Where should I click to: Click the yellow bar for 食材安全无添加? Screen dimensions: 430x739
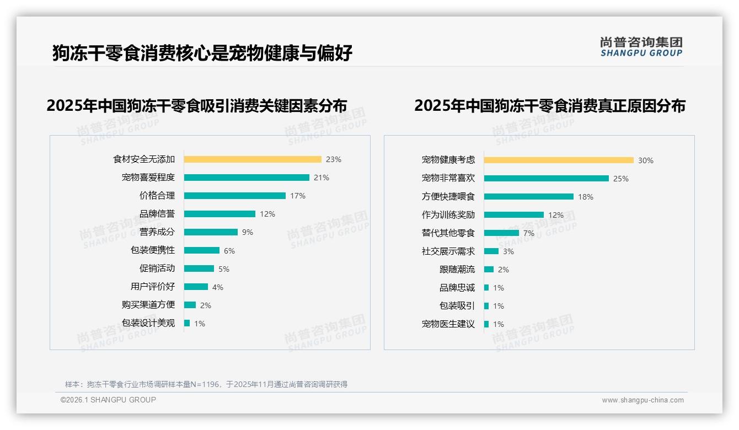point(252,159)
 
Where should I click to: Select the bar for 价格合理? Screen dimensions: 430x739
point(234,196)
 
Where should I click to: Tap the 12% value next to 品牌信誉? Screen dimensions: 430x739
point(267,214)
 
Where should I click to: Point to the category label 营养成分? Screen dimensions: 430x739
point(157,232)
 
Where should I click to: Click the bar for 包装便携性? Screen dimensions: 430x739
point(201,250)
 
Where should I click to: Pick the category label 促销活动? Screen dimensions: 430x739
point(157,268)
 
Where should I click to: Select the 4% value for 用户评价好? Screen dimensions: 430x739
point(217,287)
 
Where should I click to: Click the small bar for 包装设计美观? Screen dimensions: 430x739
point(187,323)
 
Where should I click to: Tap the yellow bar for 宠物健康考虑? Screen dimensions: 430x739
point(559,160)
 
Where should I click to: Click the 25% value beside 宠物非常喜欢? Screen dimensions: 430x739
point(621,179)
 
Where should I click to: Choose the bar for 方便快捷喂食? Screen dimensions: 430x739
point(528,197)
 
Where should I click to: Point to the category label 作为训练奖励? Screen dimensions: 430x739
point(448,215)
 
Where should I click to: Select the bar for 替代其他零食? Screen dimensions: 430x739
point(501,233)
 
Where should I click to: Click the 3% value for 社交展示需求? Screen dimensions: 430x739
point(508,251)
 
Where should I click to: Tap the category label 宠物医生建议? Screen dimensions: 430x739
point(448,324)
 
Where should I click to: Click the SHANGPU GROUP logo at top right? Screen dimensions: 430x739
point(641,47)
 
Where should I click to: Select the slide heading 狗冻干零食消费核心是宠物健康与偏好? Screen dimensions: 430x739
point(202,53)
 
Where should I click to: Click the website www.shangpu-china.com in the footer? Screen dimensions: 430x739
point(642,400)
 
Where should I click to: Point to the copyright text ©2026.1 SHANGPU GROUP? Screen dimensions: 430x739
point(108,400)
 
